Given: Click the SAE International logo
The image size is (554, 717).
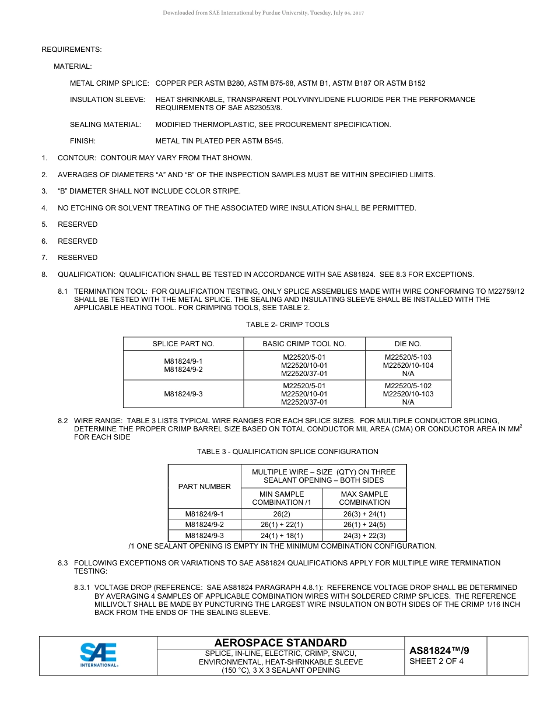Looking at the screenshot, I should click(x=99, y=655).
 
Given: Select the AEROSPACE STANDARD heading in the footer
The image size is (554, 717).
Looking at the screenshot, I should click(x=280, y=642).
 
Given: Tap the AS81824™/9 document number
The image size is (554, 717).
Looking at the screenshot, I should click(x=439, y=651).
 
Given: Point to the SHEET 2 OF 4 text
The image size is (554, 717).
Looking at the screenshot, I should click(x=437, y=661).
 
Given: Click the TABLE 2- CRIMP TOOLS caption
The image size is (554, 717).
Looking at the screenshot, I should click(x=287, y=325).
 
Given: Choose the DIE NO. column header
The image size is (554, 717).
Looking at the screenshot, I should click(x=408, y=343).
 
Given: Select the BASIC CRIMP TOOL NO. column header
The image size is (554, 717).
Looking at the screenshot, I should click(x=304, y=343).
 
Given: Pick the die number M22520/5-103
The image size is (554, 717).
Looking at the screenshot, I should click(x=408, y=357).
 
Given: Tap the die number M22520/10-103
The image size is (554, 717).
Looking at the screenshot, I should click(x=408, y=394).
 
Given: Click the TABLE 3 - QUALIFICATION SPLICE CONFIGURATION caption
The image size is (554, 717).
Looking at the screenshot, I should click(x=287, y=452).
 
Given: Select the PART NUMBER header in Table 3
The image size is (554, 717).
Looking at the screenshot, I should click(x=204, y=486).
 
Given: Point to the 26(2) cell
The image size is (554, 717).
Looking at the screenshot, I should click(x=281, y=514).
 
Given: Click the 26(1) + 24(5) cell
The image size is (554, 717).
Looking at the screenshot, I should click(x=364, y=525).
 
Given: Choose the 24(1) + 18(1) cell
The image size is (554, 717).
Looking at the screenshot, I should click(x=281, y=535).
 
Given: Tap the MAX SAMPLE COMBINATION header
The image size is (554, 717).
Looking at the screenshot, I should click(x=364, y=498).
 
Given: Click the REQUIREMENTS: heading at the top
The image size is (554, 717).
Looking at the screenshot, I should click(x=71, y=50).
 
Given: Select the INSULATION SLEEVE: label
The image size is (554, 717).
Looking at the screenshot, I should click(x=107, y=100).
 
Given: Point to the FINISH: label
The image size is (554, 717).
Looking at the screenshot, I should click(x=83, y=141).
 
